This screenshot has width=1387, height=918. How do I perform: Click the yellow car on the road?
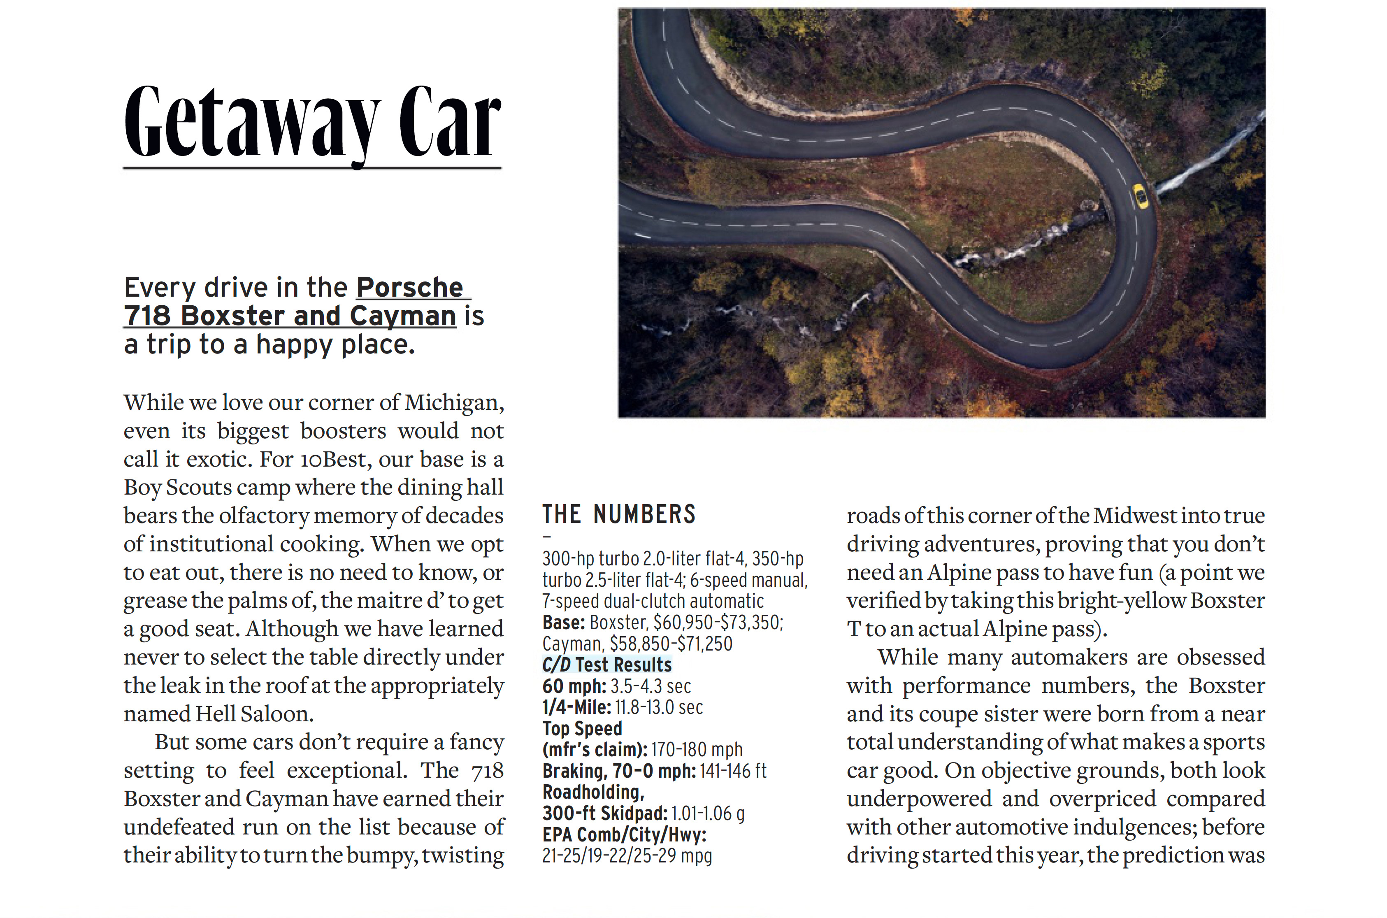click(x=1140, y=196)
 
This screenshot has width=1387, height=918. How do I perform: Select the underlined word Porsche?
click(x=410, y=288)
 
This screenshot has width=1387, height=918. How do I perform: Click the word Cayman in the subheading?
click(x=402, y=316)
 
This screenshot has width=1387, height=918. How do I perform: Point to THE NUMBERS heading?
click(x=619, y=515)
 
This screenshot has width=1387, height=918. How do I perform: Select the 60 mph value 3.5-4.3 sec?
click(x=651, y=686)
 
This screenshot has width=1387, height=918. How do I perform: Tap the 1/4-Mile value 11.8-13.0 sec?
click(x=659, y=707)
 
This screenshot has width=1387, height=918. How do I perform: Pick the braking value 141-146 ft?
click(x=732, y=771)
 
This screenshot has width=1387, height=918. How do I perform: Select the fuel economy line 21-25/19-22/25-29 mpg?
click(x=627, y=855)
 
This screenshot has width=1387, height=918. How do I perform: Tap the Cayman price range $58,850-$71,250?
click(x=671, y=644)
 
